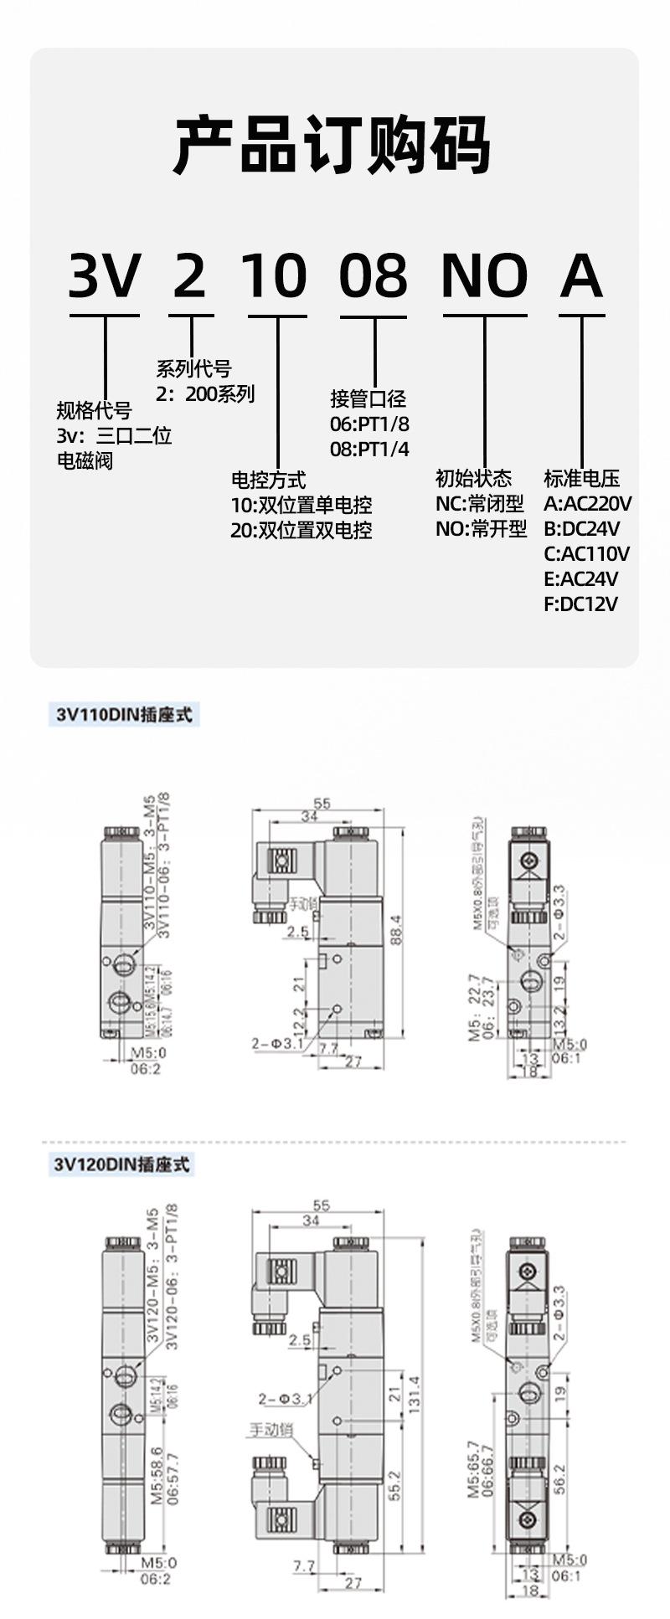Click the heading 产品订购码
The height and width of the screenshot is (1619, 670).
pyautogui.click(x=332, y=146)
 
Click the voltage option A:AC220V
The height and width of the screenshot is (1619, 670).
pyautogui.click(x=587, y=504)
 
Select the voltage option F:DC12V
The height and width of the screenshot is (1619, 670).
pyautogui.click(x=580, y=604)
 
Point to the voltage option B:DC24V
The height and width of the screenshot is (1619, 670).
pyautogui.click(x=581, y=529)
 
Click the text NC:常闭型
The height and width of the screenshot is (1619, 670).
pyautogui.click(x=480, y=504)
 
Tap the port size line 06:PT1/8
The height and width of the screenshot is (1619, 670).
pyautogui.click(x=369, y=424)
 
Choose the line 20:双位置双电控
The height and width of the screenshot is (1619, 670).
pyautogui.click(x=301, y=531)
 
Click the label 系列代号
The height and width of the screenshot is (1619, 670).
pyautogui.click(x=193, y=369)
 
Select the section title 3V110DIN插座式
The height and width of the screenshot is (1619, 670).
pyautogui.click(x=125, y=716)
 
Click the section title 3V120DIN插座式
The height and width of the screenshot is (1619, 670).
pyautogui.click(x=122, y=1164)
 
